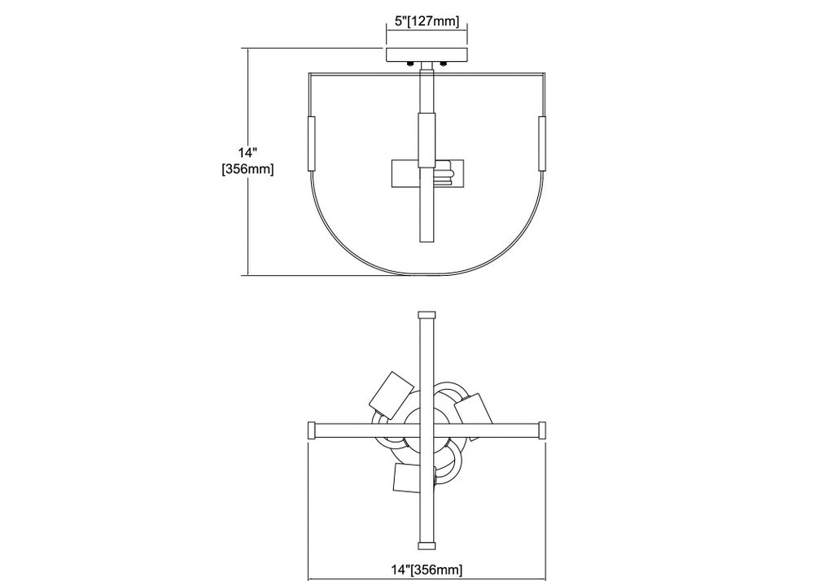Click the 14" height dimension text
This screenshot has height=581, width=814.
click(x=247, y=152)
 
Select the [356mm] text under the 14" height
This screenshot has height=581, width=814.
click(x=247, y=169)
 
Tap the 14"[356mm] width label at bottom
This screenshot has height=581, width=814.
click(x=427, y=570)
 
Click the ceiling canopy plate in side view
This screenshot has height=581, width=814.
click(x=427, y=55)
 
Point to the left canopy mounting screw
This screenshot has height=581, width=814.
click(x=410, y=63)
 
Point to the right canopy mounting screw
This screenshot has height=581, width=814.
click(x=444, y=63)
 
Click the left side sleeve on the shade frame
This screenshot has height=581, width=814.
click(x=312, y=144)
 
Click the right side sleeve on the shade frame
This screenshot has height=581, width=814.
click(x=542, y=144)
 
